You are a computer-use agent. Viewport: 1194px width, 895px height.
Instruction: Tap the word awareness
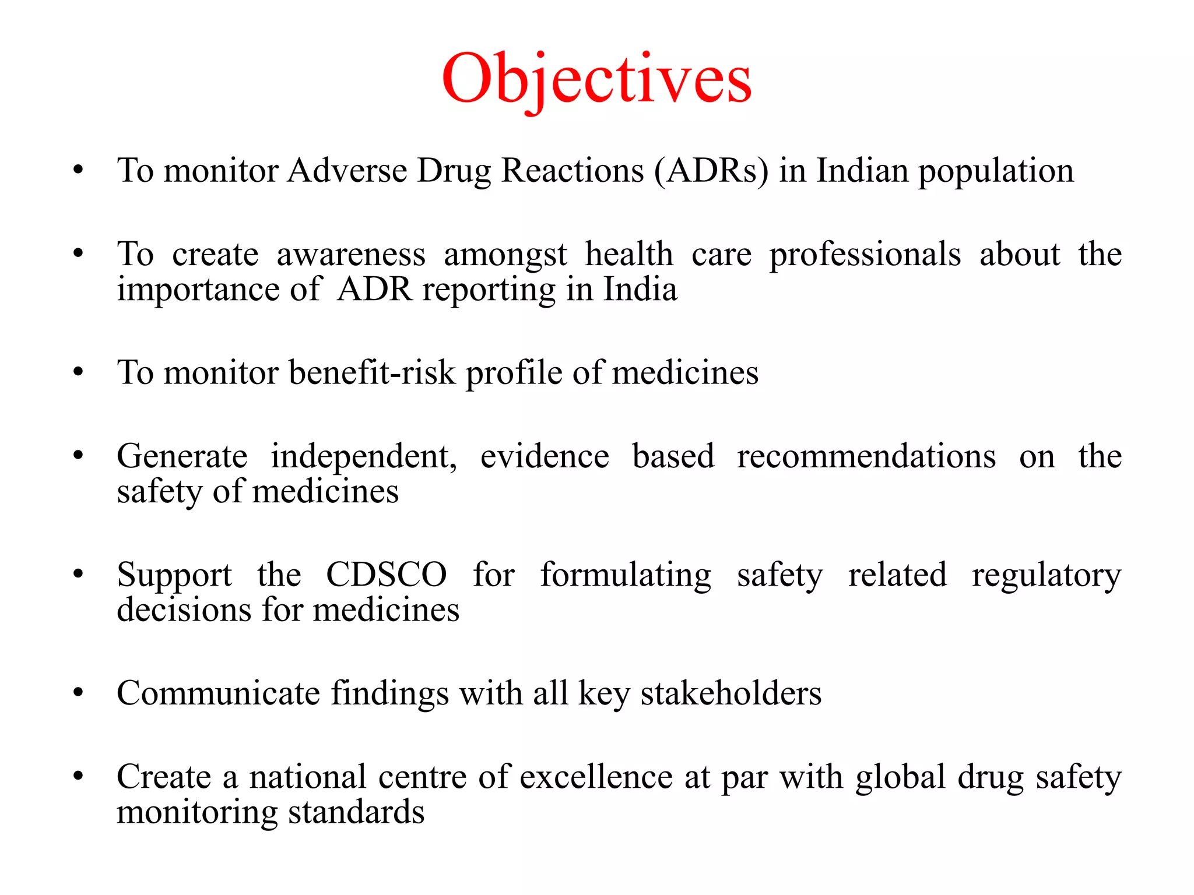[351, 255]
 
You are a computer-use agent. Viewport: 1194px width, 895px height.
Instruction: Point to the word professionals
[865, 255]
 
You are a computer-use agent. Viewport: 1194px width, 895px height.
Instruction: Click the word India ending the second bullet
[640, 290]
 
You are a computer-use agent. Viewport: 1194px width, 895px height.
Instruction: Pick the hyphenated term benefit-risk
[372, 372]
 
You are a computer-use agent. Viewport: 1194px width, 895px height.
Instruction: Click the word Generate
[182, 456]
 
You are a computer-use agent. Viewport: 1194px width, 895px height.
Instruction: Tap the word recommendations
[866, 456]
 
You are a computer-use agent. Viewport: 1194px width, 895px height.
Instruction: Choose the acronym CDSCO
[386, 575]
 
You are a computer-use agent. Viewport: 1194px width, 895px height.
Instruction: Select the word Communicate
[218, 693]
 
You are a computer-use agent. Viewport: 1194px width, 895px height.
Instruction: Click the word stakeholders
[731, 693]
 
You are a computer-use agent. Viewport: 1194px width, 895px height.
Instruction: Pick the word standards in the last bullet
[356, 812]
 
